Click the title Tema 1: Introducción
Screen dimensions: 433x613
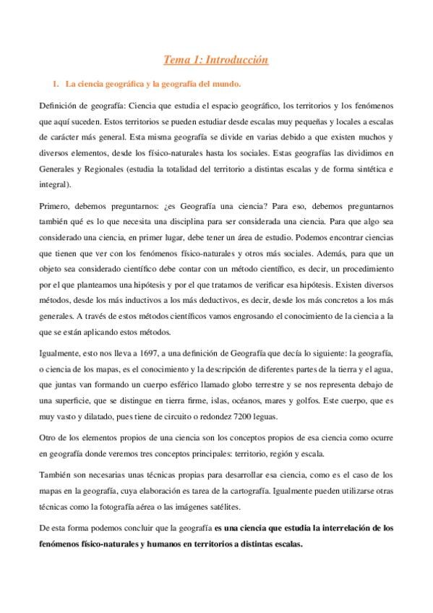coord(216,60)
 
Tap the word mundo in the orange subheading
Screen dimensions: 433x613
coord(233,85)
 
